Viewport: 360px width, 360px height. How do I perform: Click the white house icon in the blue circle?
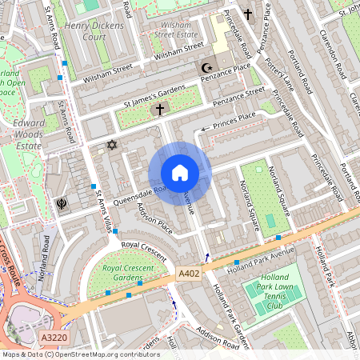tap(180, 173)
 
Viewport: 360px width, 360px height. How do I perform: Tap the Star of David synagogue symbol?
tap(111, 145)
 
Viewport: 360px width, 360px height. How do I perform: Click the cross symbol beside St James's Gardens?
tap(159, 109)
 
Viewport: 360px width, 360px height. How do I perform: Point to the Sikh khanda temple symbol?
tap(60, 203)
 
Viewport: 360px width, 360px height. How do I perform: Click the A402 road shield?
tap(188, 274)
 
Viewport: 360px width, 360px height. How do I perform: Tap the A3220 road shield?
tap(53, 338)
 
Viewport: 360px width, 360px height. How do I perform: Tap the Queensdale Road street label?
tap(131, 194)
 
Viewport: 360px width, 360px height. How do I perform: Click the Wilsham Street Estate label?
tap(174, 30)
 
